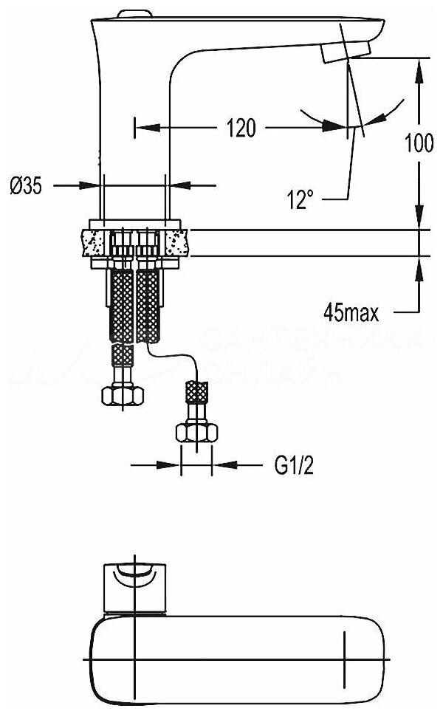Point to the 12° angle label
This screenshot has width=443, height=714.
[x=301, y=199]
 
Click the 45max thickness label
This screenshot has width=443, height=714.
[x=351, y=313]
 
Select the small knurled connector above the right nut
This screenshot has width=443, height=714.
[x=196, y=389]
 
